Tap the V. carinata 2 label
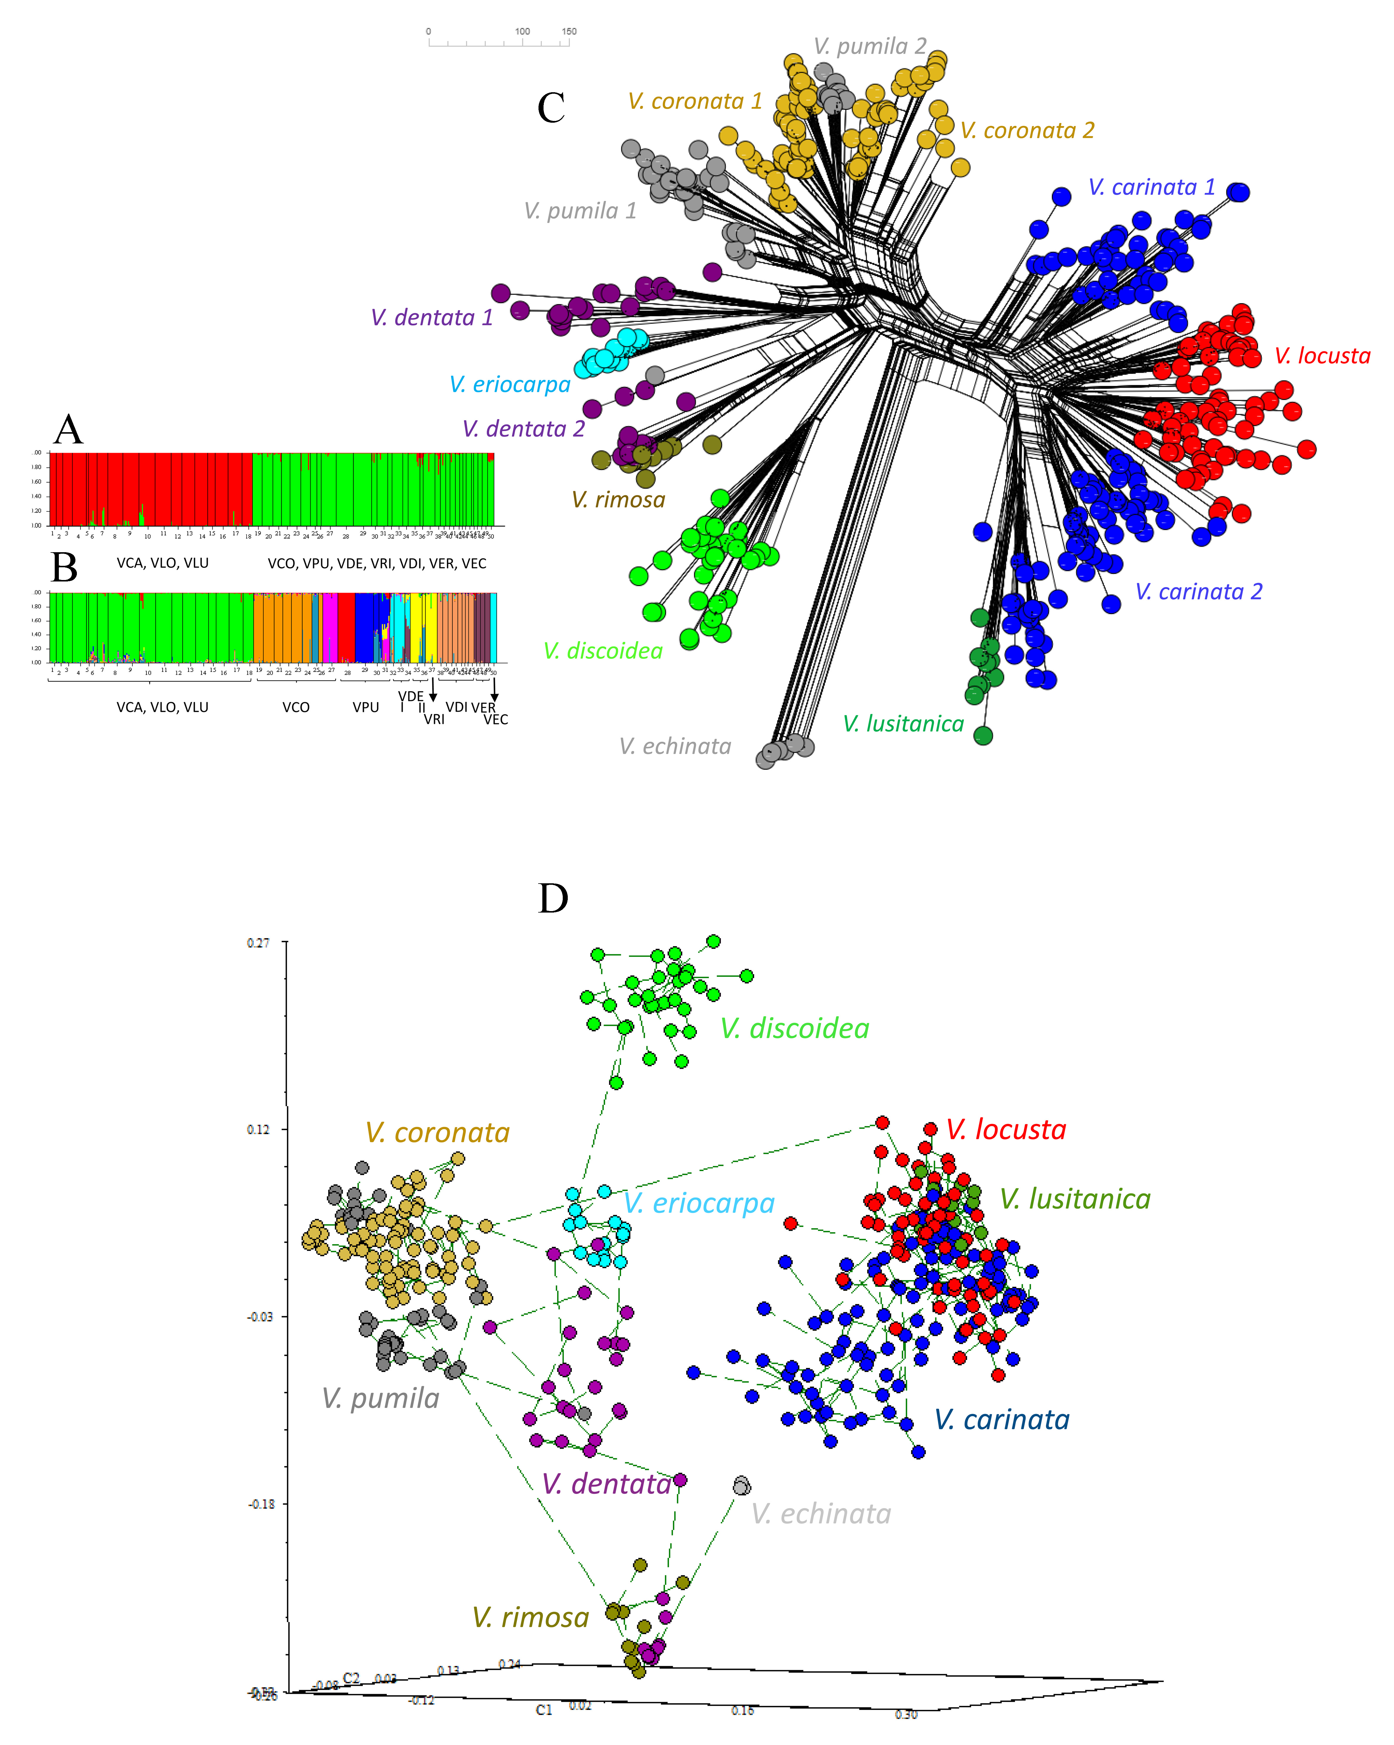click(1198, 592)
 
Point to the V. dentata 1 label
click(431, 317)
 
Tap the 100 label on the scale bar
click(522, 32)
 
